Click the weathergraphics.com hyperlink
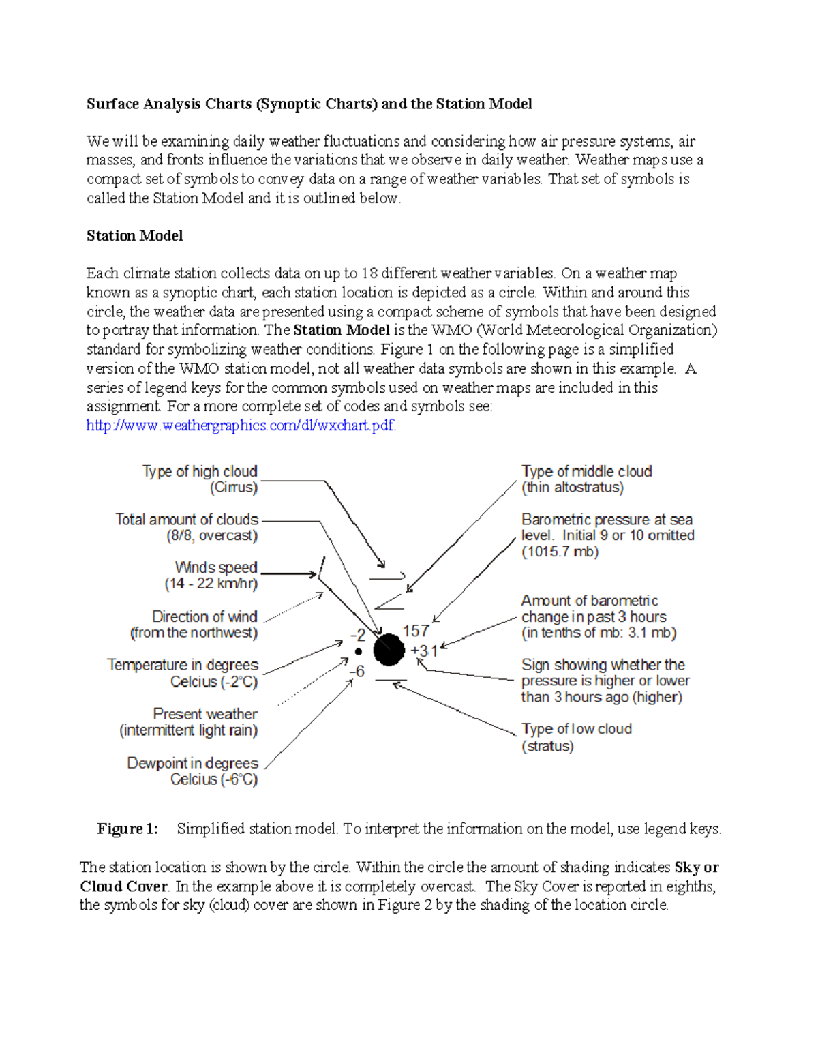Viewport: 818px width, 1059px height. click(x=241, y=426)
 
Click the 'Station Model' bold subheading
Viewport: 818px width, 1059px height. click(x=134, y=236)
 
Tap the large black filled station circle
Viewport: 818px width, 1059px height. click(x=389, y=649)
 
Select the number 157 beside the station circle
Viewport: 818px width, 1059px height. click(x=416, y=631)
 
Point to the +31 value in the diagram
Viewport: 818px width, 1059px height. click(x=423, y=651)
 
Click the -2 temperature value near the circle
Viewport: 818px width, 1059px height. click(x=358, y=635)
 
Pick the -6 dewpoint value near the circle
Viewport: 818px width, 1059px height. click(x=357, y=672)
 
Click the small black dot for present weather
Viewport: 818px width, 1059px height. click(x=359, y=652)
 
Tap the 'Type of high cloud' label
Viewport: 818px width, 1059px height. click(x=200, y=471)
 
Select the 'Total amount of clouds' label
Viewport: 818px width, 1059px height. click(x=187, y=520)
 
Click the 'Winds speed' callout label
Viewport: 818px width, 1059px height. click(x=216, y=567)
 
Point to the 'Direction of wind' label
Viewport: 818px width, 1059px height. click(x=204, y=616)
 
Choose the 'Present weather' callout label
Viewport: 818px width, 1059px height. click(x=205, y=714)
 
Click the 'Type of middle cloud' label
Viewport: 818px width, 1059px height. click(x=586, y=471)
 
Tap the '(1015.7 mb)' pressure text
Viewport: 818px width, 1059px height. click(x=560, y=552)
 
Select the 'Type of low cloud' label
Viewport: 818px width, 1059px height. click(x=576, y=729)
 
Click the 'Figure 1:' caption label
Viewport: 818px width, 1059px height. click(x=127, y=829)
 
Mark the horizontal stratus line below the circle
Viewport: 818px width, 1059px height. click(x=391, y=681)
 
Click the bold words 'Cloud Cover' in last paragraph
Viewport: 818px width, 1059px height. click(x=123, y=886)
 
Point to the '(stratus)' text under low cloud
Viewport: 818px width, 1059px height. click(x=547, y=746)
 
